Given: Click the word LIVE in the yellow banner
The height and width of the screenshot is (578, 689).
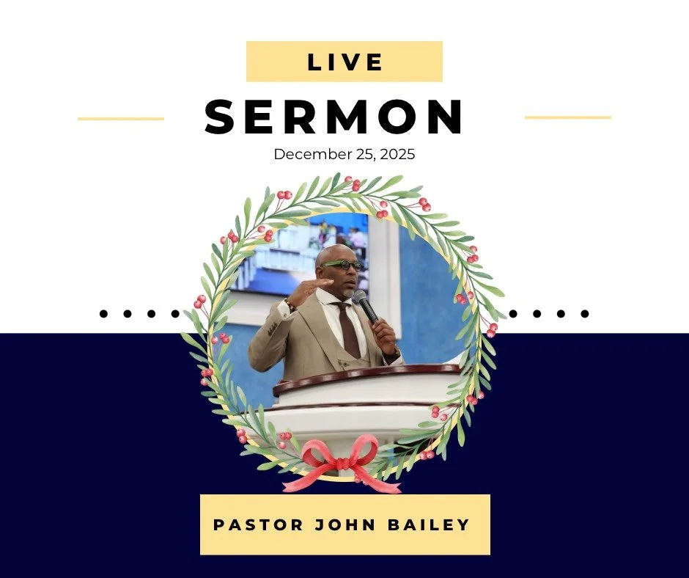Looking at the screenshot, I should (344, 62).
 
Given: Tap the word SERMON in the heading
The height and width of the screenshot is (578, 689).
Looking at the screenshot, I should (334, 117).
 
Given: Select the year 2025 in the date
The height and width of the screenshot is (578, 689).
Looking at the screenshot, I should (399, 155).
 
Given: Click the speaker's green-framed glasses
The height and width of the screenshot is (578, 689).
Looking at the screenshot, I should (342, 264).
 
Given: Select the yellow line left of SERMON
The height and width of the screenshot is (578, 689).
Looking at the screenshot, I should (121, 118).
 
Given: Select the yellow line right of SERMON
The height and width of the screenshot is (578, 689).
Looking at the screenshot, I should (568, 117).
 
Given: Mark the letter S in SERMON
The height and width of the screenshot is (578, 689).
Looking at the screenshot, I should (223, 117).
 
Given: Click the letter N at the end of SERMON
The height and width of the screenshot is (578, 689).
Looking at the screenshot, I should (446, 117).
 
